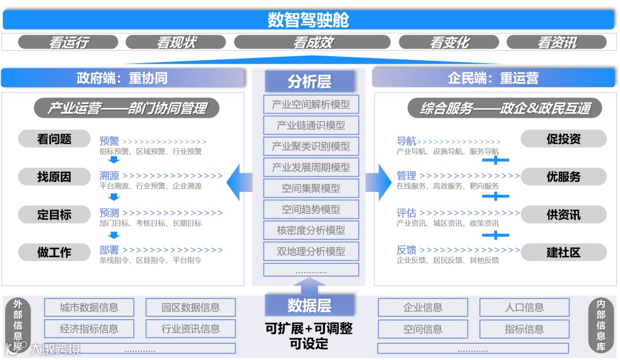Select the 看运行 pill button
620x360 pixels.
click(x=68, y=42)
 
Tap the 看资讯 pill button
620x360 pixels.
click(x=556, y=42)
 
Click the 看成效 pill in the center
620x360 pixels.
click(x=312, y=42)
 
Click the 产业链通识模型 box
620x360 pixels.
click(x=311, y=125)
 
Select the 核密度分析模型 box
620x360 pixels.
click(x=311, y=230)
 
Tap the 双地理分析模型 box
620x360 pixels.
click(x=311, y=251)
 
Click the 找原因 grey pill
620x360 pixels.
click(x=55, y=177)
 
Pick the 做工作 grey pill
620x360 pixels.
click(x=55, y=252)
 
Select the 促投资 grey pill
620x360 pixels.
click(x=563, y=139)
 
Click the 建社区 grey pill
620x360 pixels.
click(x=563, y=252)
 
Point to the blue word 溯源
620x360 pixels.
click(x=109, y=176)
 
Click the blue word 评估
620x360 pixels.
click(x=406, y=213)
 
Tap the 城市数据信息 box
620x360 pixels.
click(x=89, y=307)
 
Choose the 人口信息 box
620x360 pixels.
click(x=524, y=307)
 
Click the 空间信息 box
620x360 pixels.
click(x=423, y=329)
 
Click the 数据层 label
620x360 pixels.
click(x=309, y=305)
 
